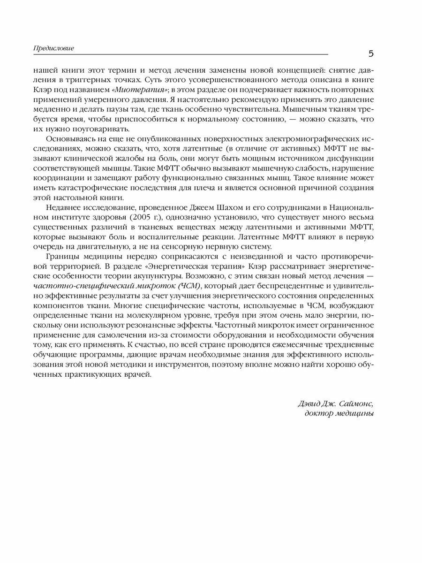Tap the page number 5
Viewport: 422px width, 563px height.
click(x=371, y=53)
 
